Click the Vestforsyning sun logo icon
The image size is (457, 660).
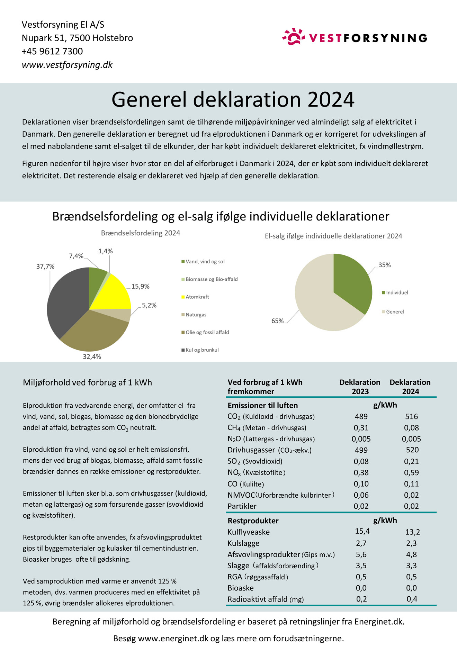point(293,37)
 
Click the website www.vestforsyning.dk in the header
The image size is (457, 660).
point(67,65)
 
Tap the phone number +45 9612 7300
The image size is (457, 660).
point(52,51)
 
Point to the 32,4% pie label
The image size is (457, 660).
point(92,356)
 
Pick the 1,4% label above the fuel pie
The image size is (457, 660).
point(106,251)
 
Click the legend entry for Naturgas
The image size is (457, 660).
point(196,315)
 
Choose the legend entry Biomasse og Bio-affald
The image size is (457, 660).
point(211,279)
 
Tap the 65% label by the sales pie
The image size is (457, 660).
point(277,321)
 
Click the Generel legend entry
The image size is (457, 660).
point(395,312)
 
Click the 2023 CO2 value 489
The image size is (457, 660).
point(361,416)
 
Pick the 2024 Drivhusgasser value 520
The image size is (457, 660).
point(412,450)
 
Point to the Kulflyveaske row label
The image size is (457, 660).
point(249,532)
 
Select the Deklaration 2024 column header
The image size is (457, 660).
point(410,387)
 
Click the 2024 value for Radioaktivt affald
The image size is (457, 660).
point(412,599)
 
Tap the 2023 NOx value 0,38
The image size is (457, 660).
point(361,472)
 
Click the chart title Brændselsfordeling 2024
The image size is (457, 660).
point(141,233)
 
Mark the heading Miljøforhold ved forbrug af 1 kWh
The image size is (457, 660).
point(87,382)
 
